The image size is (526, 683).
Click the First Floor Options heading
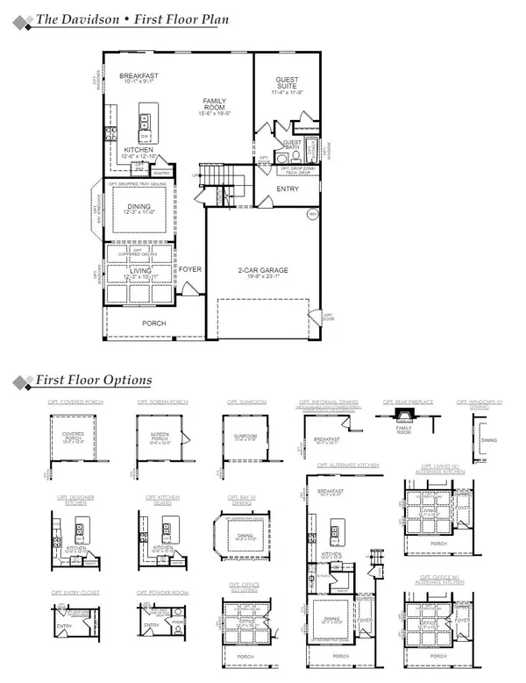[x=94, y=380]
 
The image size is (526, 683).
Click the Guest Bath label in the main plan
[x=292, y=146]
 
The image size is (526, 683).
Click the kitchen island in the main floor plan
[x=146, y=126]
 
